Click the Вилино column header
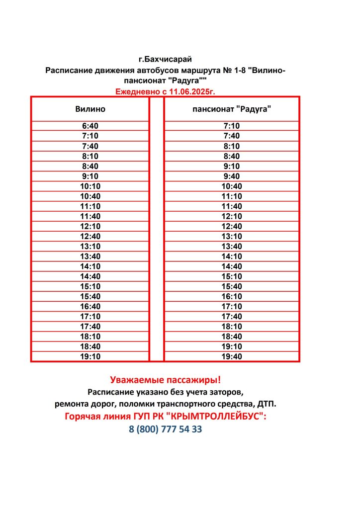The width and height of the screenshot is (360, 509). [x=90, y=108]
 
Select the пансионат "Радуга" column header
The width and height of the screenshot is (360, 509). [x=232, y=108]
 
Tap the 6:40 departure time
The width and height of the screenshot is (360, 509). [x=90, y=126]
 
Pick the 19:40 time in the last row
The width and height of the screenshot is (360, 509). [x=232, y=356]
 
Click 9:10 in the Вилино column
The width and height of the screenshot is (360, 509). [x=90, y=176]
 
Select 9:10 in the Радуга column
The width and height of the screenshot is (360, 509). [x=232, y=166]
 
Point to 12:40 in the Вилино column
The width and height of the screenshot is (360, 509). [x=90, y=236]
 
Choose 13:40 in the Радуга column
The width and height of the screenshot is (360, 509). [x=232, y=246]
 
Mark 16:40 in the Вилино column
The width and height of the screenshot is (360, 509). [x=90, y=306]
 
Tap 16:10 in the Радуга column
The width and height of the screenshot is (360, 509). [x=232, y=296]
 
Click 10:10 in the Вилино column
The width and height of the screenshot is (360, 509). [x=90, y=186]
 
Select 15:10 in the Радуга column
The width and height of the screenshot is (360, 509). [x=232, y=276]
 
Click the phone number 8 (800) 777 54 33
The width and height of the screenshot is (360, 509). [x=165, y=429]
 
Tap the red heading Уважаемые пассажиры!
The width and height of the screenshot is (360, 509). [x=165, y=380]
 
